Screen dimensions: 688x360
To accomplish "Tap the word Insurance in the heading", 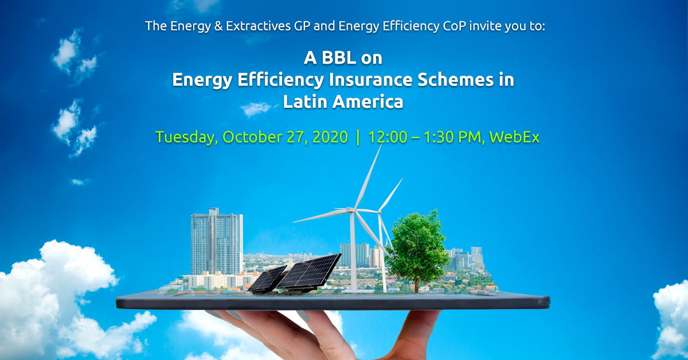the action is click(370, 80).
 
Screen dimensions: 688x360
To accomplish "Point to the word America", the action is click(368, 101).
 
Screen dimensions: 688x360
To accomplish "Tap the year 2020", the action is click(330, 137).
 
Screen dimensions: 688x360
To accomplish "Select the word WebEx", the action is click(514, 137).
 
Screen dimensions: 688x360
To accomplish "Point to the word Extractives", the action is click(259, 26).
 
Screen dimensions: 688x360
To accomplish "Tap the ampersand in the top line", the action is click(218, 26).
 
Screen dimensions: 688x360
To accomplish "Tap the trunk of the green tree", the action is click(417, 284).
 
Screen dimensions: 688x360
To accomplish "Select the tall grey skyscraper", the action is click(217, 241).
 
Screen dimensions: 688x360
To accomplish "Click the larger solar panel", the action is click(309, 271).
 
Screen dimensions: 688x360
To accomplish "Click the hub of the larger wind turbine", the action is click(351, 210).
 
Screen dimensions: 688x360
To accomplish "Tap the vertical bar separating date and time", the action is click(358, 138).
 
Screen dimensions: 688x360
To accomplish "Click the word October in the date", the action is click(252, 137).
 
